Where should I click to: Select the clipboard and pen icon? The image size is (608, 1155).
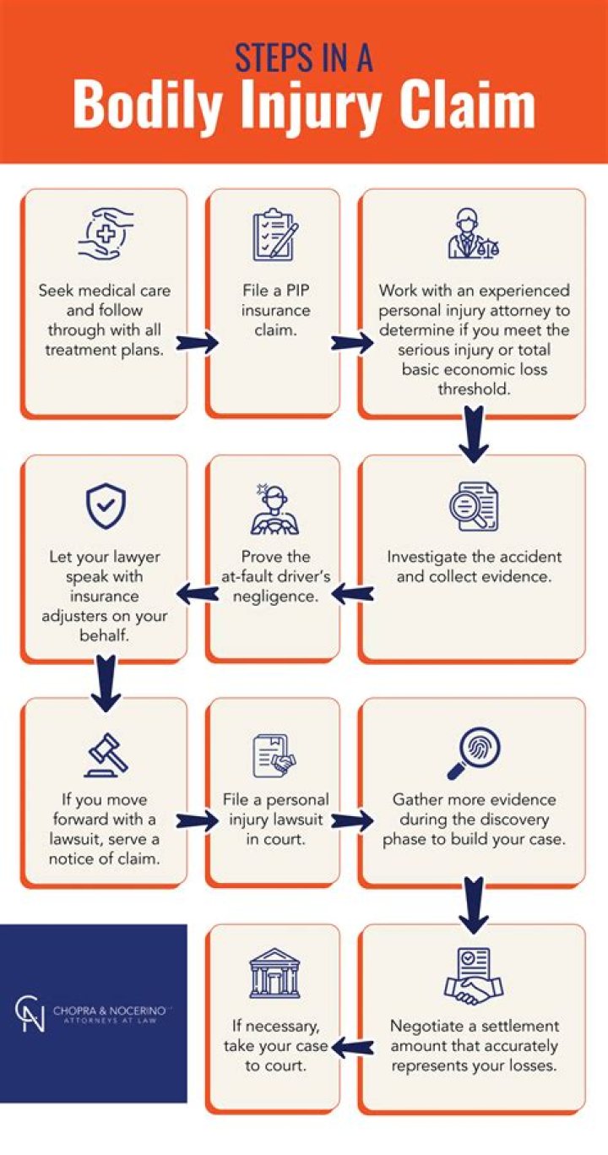coord(274,234)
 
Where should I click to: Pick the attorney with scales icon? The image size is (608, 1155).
coord(473,233)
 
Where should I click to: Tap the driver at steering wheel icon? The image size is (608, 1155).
coord(274,509)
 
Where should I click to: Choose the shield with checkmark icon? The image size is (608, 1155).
coord(106,505)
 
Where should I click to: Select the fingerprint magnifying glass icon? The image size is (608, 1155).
coord(474,751)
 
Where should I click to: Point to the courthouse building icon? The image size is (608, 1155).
coord(274,974)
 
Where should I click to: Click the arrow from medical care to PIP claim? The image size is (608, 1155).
coord(198,343)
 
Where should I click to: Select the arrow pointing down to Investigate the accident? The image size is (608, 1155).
coord(474,433)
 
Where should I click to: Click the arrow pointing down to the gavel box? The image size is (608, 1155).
coord(106,682)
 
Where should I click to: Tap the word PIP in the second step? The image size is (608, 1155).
coord(291,290)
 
